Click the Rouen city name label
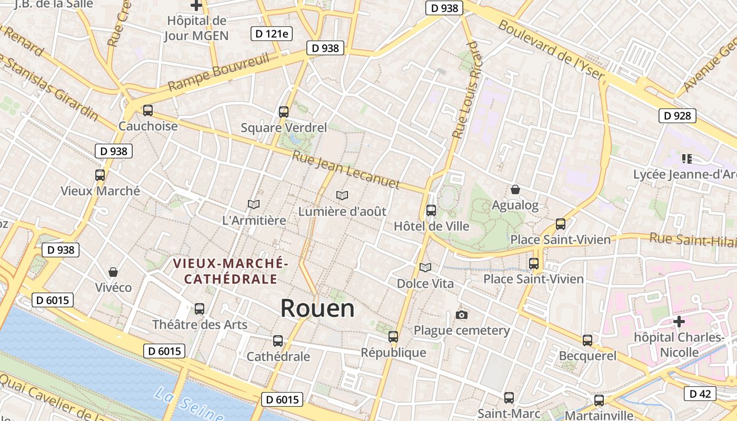click(317, 308)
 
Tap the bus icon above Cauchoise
click(148, 111)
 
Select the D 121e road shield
click(271, 34)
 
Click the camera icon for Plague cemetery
click(462, 315)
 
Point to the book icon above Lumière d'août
click(342, 195)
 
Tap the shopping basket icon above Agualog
click(515, 189)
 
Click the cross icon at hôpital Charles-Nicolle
click(679, 321)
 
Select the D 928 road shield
click(678, 116)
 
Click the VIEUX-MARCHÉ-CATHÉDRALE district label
click(231, 270)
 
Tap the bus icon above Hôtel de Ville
click(431, 210)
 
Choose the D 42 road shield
click(700, 394)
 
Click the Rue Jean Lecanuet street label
click(346, 170)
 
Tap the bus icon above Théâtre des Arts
click(200, 309)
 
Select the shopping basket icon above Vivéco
click(113, 272)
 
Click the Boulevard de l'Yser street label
click(551, 50)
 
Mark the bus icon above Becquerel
click(587, 340)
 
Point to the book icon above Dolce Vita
click(425, 268)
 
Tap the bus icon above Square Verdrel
click(284, 112)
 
